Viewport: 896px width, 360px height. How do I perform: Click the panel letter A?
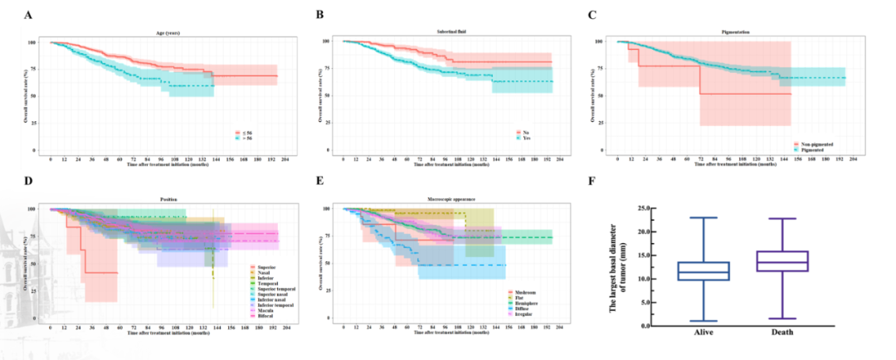coord(28,15)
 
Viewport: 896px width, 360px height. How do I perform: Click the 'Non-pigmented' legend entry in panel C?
coord(812,144)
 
